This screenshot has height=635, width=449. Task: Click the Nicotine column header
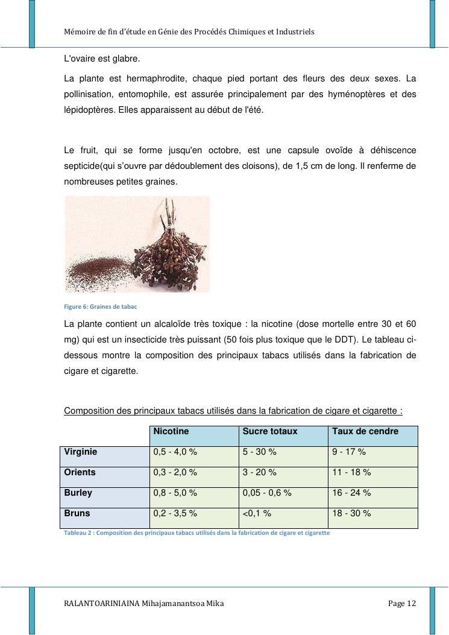[171, 432]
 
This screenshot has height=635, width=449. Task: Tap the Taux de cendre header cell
[365, 432]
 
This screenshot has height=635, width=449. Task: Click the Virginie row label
[81, 452]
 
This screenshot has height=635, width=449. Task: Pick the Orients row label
[80, 472]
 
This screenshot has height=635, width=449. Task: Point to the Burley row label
[78, 493]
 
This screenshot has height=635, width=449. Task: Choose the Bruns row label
[77, 513]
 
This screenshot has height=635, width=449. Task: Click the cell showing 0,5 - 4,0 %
[175, 452]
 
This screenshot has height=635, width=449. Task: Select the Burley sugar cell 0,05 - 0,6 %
[267, 493]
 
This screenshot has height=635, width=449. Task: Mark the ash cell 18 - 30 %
[351, 513]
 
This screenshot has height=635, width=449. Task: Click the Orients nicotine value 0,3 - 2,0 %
[175, 472]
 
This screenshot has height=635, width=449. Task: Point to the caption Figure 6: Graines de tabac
[101, 306]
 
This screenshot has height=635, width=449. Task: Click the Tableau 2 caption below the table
[196, 533]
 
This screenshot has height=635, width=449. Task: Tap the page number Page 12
[402, 604]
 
